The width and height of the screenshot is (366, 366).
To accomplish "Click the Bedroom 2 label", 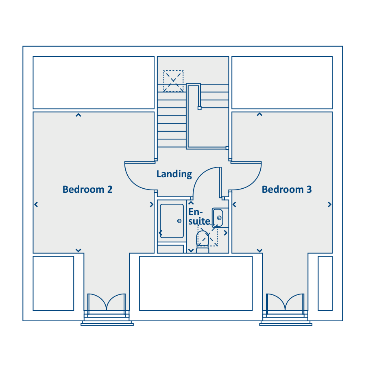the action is click(x=87, y=189).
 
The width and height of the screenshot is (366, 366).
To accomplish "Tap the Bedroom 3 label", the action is click(x=287, y=189).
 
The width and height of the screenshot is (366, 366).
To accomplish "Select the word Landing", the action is click(x=174, y=174).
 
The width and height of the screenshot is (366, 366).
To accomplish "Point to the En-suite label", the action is click(x=199, y=216).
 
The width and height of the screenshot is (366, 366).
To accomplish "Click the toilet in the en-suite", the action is click(x=203, y=242).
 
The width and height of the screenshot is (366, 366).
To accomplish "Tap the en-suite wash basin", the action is click(x=218, y=218).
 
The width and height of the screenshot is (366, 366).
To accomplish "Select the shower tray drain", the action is click(x=179, y=221).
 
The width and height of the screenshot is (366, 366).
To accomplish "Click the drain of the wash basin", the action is click(x=219, y=218).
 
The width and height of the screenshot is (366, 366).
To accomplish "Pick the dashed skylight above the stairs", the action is click(x=173, y=81).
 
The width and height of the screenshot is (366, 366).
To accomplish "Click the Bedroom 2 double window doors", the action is click(x=107, y=302).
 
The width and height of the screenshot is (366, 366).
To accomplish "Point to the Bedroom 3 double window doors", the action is click(x=285, y=302).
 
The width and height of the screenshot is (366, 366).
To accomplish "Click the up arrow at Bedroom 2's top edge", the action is click(x=78, y=115).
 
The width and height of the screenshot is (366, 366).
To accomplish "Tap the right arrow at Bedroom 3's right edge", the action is click(x=329, y=205).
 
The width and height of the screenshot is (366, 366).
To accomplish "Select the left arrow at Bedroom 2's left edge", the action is click(x=36, y=205).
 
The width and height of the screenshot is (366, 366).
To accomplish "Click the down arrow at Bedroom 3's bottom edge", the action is click(x=259, y=251).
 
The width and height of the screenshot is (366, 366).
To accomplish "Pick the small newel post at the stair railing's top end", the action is click(x=200, y=108).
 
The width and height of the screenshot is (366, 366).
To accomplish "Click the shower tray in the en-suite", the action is click(x=172, y=221).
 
